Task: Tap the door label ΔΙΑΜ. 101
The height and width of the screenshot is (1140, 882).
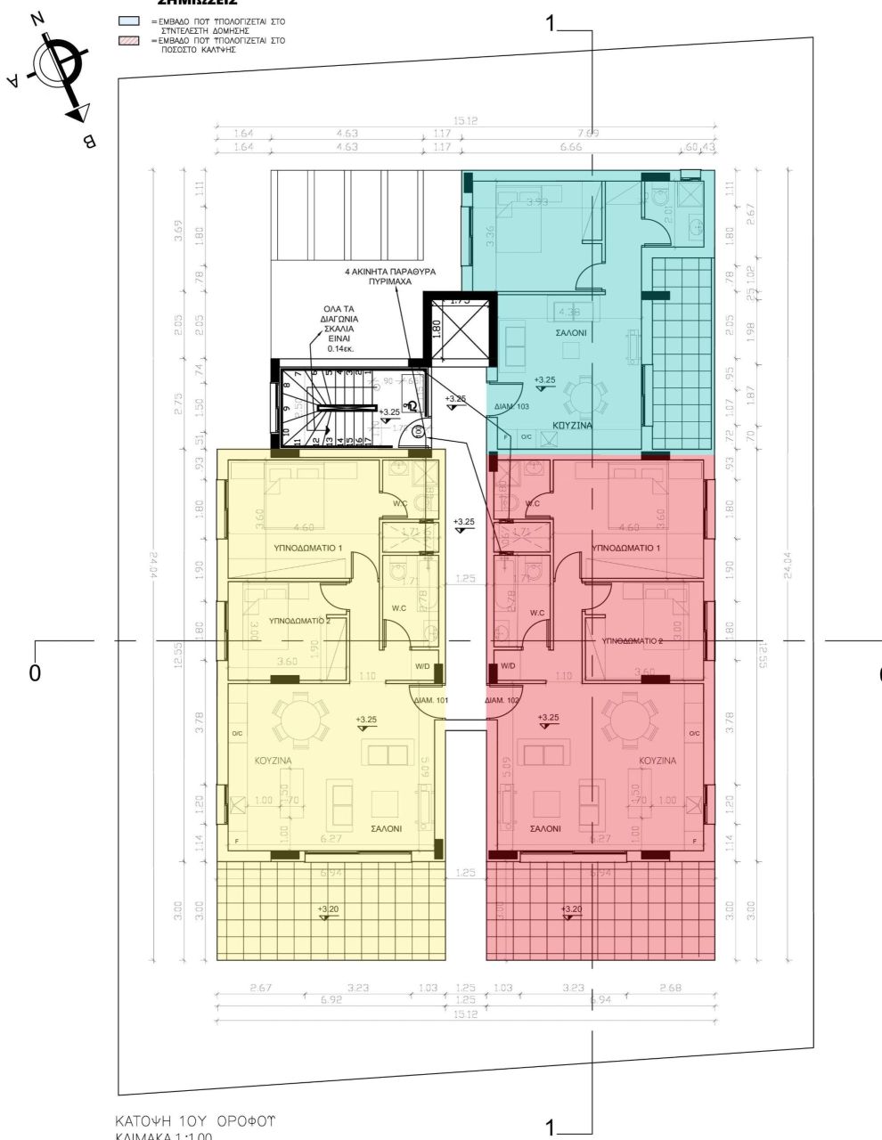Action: coord(430,701)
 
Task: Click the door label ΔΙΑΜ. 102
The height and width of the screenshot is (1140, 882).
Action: coord(502,701)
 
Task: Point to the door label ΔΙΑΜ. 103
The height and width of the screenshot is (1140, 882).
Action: coord(511,406)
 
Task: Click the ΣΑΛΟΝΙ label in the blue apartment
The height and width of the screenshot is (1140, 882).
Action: coord(572,332)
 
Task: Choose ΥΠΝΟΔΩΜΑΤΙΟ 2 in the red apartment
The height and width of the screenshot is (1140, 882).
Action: coord(633,640)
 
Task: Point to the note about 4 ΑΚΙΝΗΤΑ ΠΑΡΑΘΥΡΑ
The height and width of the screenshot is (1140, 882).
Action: coord(388,274)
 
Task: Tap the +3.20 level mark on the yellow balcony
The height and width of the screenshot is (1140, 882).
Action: coord(329,909)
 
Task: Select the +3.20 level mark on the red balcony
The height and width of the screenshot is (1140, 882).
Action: coord(571,909)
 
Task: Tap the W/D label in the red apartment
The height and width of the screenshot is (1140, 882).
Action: coord(508,666)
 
